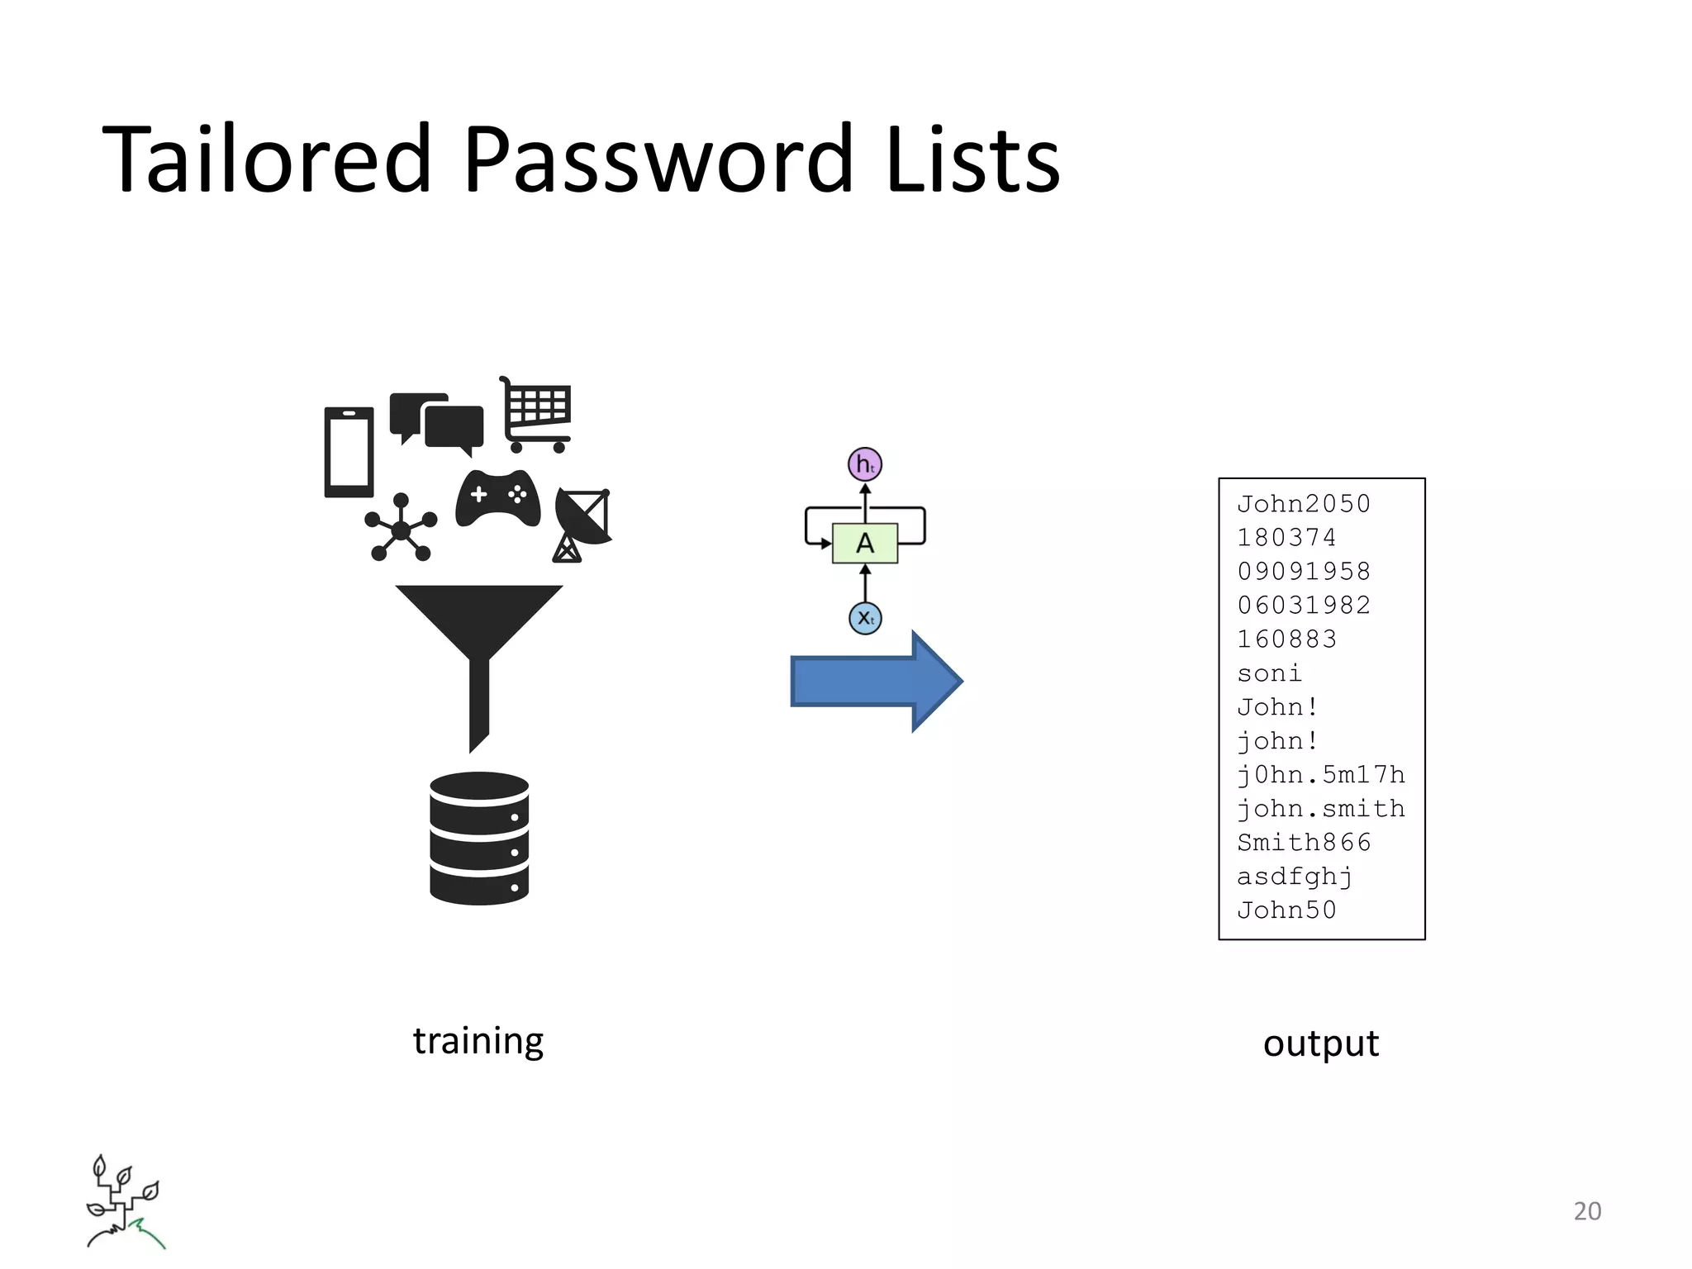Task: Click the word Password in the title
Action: point(658,159)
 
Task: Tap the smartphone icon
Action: point(349,452)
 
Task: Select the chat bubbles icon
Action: point(437,423)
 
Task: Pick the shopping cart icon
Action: point(536,415)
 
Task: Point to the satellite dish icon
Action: point(582,523)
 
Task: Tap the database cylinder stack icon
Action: point(479,838)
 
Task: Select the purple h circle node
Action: point(865,464)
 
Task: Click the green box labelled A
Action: point(865,543)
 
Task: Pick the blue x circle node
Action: point(865,618)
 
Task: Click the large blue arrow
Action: point(876,681)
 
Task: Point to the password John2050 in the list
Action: point(1304,504)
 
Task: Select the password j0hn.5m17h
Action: point(1321,774)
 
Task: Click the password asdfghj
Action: point(1295,876)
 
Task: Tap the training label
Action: point(478,1041)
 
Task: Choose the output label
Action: point(1321,1043)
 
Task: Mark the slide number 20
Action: point(1587,1211)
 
